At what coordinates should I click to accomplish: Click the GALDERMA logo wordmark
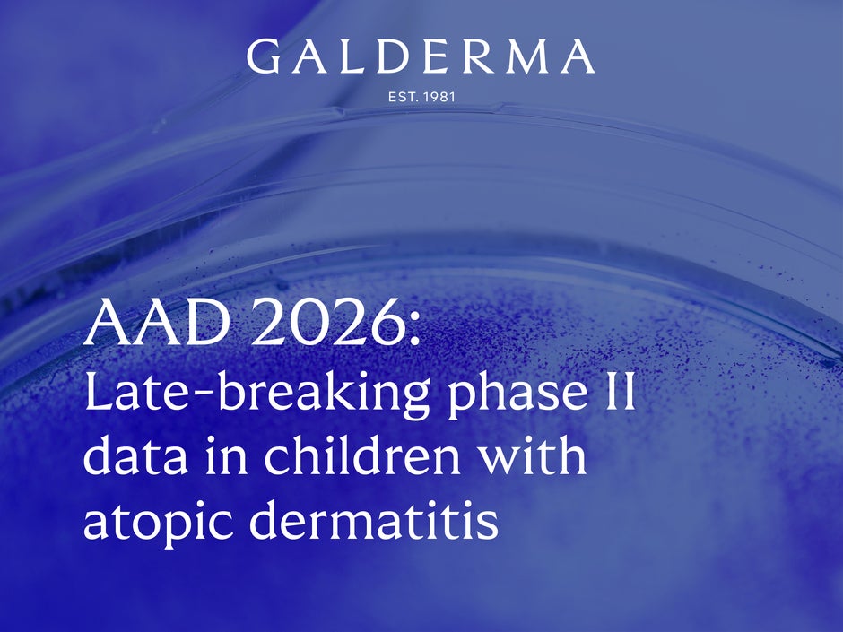tap(420, 56)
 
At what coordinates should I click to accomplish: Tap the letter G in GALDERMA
tap(261, 56)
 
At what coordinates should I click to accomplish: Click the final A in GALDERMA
tap(576, 57)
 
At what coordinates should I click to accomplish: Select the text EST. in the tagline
tap(400, 96)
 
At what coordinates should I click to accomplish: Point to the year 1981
tap(437, 96)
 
